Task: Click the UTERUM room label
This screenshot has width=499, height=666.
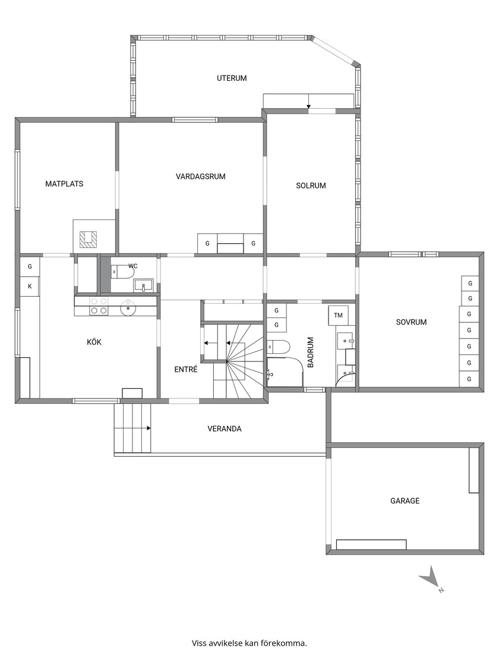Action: click(232, 78)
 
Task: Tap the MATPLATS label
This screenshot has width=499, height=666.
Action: click(65, 184)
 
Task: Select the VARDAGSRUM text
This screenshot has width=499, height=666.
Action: click(201, 176)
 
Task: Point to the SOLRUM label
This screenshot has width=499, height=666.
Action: click(311, 186)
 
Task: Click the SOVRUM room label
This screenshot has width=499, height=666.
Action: click(411, 322)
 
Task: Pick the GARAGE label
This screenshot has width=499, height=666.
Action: click(405, 501)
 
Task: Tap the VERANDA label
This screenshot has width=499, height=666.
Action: click(225, 429)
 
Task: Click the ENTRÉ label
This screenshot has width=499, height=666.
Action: click(186, 369)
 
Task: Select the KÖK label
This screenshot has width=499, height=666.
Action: click(94, 342)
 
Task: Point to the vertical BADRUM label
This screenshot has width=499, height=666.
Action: click(311, 352)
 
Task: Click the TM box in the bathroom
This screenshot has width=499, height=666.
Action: click(338, 315)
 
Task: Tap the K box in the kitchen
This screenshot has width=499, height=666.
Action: click(30, 286)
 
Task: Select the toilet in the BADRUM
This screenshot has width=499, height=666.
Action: click(279, 347)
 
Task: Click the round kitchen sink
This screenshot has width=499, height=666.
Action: click(128, 309)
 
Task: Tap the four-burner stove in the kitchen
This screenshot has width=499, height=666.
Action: click(99, 306)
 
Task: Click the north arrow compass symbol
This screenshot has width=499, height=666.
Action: click(432, 579)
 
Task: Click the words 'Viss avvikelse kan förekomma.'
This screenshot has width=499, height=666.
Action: click(249, 643)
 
